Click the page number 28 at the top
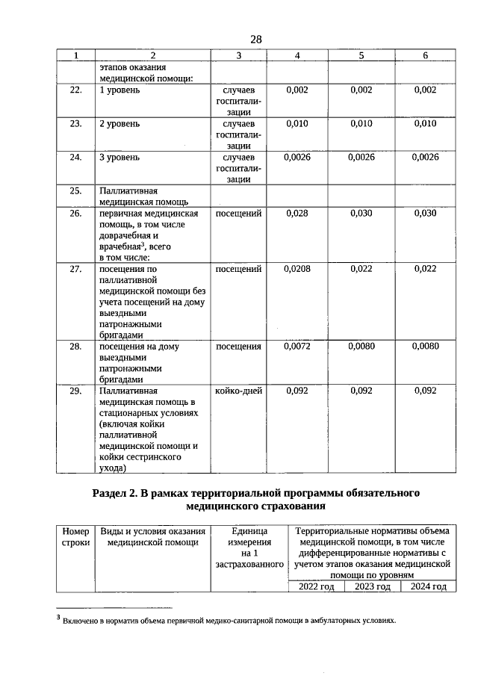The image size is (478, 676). (x=256, y=39)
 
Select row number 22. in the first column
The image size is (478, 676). (x=75, y=90)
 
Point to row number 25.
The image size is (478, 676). (x=75, y=191)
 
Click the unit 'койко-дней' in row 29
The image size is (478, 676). (x=238, y=391)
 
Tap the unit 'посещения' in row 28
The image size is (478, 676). (x=238, y=347)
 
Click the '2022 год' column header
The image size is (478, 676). (x=316, y=587)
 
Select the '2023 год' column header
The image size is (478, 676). (x=372, y=587)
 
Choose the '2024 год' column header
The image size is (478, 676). (x=428, y=587)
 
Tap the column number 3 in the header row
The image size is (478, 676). (x=238, y=56)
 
